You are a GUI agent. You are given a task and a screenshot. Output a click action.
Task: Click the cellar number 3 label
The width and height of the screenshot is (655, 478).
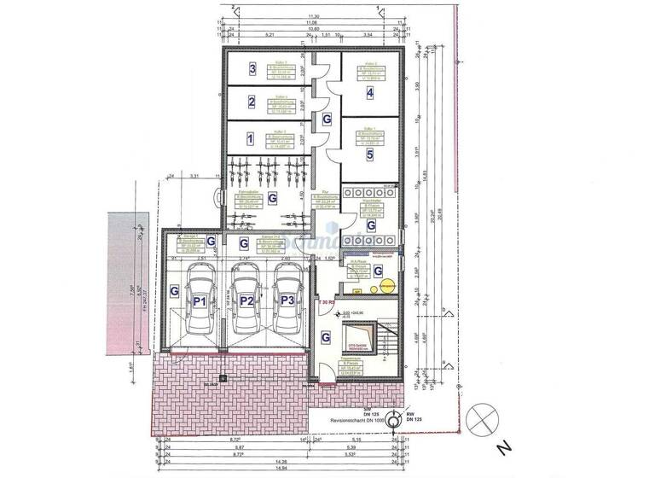pos(252,69)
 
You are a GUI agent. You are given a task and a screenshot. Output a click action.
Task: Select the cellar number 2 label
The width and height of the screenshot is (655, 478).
pos(252,103)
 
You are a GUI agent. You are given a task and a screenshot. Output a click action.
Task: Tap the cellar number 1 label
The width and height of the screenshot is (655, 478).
pos(250,137)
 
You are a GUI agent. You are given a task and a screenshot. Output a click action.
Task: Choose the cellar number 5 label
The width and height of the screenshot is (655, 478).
pos(369,155)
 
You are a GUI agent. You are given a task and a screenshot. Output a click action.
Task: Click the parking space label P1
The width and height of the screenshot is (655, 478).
pos(200,301)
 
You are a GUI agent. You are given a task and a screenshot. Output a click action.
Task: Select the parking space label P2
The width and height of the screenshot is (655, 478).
pos(246,301)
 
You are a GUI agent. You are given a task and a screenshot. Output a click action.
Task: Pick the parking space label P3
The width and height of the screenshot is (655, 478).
pos(287,301)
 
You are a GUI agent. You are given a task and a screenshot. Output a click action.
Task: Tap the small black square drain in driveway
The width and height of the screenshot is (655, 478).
pos(223,378)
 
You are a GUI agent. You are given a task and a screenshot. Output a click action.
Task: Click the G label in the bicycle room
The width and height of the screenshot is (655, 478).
pos(273,198)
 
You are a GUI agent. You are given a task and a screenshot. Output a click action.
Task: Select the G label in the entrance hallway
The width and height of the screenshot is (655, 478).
pos(326,337)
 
